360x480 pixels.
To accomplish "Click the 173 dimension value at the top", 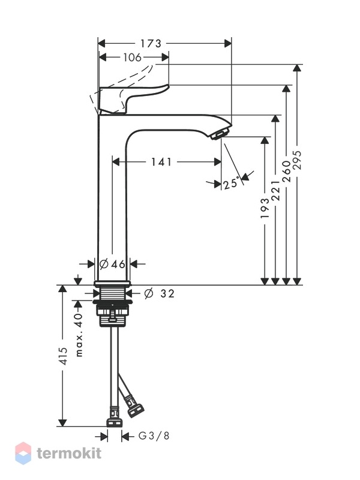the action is (x=151, y=44).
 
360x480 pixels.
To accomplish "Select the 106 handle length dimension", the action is (x=132, y=57).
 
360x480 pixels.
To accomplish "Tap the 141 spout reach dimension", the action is (x=161, y=161).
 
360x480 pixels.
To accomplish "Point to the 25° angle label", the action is (x=231, y=184).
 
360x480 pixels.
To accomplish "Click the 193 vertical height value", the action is (x=265, y=208).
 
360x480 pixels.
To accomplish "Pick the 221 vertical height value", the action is (x=275, y=190).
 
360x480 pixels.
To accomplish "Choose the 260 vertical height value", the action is (x=286, y=171).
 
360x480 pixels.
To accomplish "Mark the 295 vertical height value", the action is (x=297, y=160).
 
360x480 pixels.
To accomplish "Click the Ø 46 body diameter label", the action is (x=112, y=263).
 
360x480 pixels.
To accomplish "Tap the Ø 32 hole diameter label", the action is (x=159, y=293).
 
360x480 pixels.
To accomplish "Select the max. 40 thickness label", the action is (x=79, y=335).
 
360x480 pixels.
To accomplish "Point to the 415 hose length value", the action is (x=63, y=356).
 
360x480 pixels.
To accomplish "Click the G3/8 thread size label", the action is (x=154, y=436).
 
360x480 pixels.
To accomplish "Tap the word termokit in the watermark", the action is (x=69, y=453).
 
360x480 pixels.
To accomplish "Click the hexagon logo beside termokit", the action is (x=23, y=453).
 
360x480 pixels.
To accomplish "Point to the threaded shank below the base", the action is (x=112, y=293).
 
